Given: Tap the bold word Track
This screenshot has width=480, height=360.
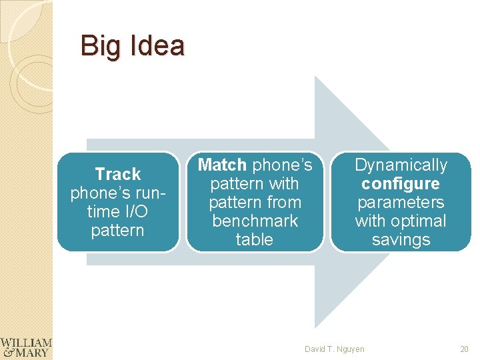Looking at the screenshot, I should [x=118, y=175].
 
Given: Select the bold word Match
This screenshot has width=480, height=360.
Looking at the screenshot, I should [x=223, y=165].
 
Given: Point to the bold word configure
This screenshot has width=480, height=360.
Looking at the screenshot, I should [x=401, y=183].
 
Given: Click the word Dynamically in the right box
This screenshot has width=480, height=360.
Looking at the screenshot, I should [x=401, y=165].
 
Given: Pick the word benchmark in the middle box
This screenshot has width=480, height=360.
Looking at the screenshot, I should [x=255, y=221].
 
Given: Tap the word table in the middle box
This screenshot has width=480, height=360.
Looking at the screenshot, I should [x=255, y=239].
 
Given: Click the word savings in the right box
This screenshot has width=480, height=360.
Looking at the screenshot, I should [x=401, y=239].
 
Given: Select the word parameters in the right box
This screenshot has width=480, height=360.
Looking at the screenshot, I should [x=401, y=202].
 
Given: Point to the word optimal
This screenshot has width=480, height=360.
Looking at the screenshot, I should [x=419, y=221].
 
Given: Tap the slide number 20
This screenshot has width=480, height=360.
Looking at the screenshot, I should [x=464, y=349].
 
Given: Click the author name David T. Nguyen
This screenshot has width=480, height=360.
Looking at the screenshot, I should [x=335, y=349].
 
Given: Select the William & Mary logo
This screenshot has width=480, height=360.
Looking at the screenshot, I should [x=26, y=347].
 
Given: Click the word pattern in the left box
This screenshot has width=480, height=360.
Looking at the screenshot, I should [x=118, y=231].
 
